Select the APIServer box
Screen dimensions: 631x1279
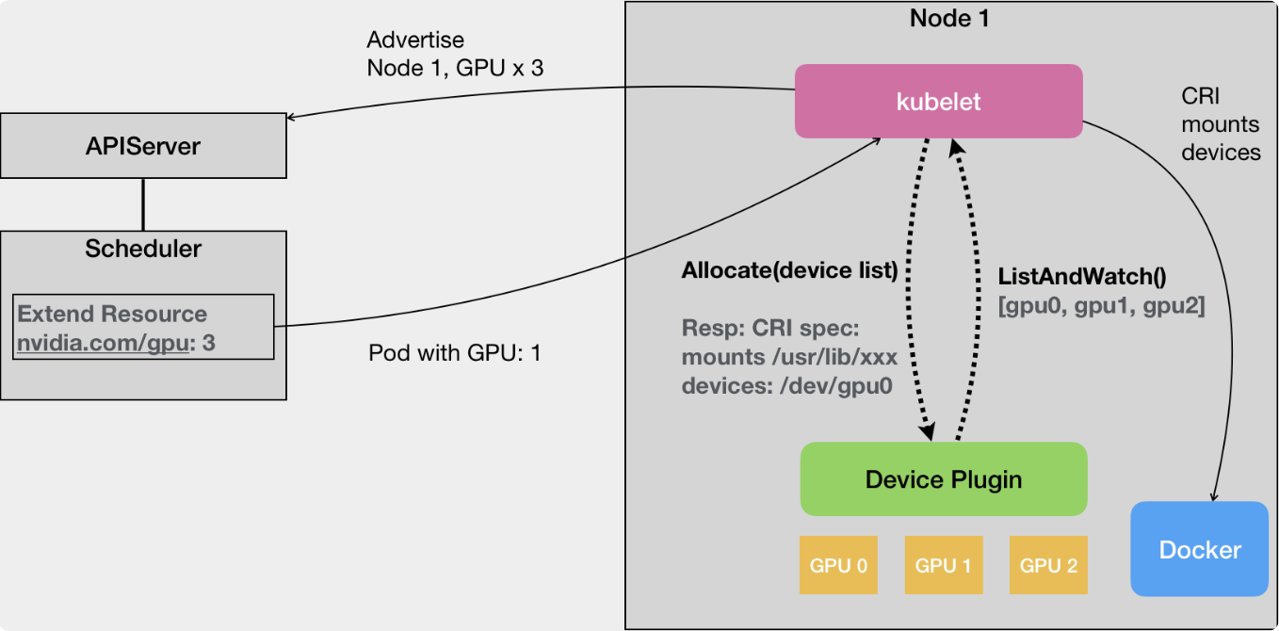(143, 146)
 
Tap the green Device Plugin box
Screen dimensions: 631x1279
(944, 479)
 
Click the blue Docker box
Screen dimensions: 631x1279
(1199, 549)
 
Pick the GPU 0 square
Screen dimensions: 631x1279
(838, 565)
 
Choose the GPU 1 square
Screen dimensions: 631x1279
(943, 565)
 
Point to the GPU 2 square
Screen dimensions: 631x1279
(1048, 565)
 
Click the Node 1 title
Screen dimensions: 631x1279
(949, 18)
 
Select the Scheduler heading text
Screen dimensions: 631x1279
(143, 249)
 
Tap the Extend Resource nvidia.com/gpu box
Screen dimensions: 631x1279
(144, 327)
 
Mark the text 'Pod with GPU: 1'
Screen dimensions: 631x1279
(454, 353)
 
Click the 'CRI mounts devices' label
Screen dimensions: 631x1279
(1221, 124)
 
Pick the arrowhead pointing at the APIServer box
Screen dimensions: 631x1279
(292, 118)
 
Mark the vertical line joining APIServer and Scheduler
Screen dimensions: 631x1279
(143, 204)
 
